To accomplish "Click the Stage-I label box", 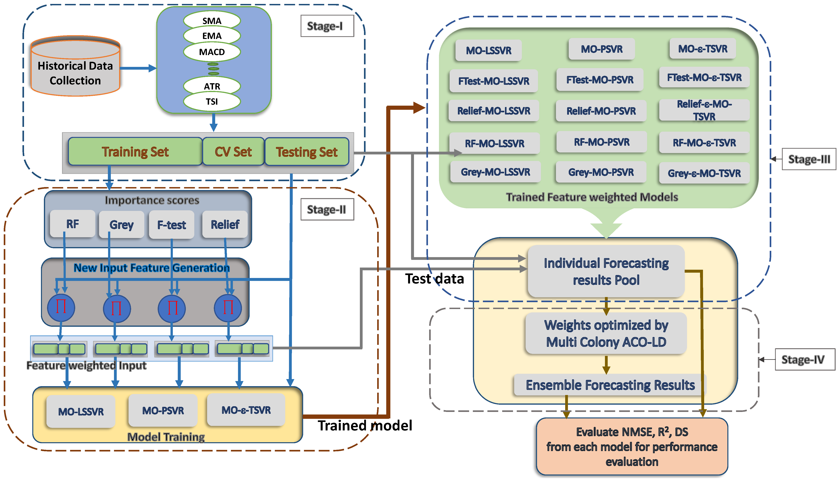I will pos(327,26).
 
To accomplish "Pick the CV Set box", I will pos(233,152).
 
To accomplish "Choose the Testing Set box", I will pos(307,152).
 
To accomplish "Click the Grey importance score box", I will pos(121,224).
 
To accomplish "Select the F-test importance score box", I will pos(171,224).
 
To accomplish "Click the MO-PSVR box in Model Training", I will pos(163,410).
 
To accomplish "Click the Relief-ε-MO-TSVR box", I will pos(704,110).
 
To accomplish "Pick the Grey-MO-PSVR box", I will pos(601,172).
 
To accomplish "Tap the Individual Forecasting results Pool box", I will pos(606,271).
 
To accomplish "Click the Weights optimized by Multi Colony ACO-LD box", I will pos(606,333).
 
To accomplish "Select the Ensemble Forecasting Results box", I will pos(610,385).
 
